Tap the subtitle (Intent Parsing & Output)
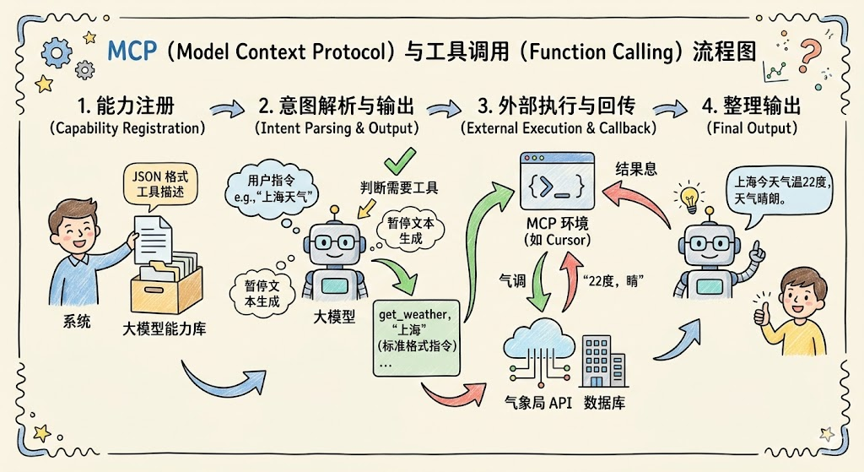(337, 129)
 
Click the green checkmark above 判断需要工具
(399, 160)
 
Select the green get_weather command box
(418, 337)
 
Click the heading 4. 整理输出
(751, 108)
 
